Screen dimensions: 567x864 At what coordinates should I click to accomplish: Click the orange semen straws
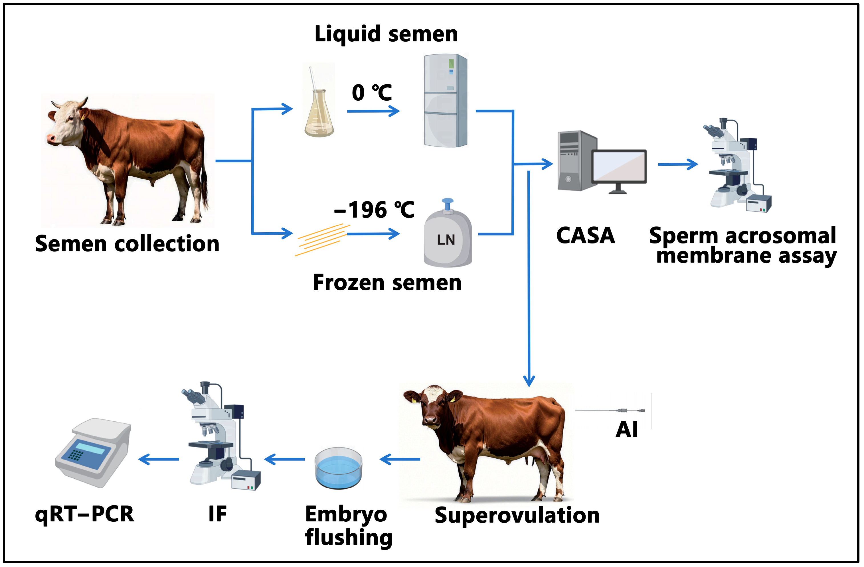click(321, 239)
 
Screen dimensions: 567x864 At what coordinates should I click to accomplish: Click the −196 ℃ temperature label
click(374, 210)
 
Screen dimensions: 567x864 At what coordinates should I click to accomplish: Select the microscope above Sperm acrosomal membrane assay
click(737, 167)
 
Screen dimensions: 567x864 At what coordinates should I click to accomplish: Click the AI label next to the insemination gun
click(627, 430)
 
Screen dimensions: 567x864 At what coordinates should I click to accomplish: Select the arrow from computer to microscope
click(677, 164)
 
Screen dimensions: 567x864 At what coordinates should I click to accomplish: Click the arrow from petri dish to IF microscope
click(285, 460)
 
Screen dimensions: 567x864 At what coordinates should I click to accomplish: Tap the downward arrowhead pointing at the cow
click(529, 381)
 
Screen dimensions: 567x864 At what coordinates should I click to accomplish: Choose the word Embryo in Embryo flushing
click(346, 514)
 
